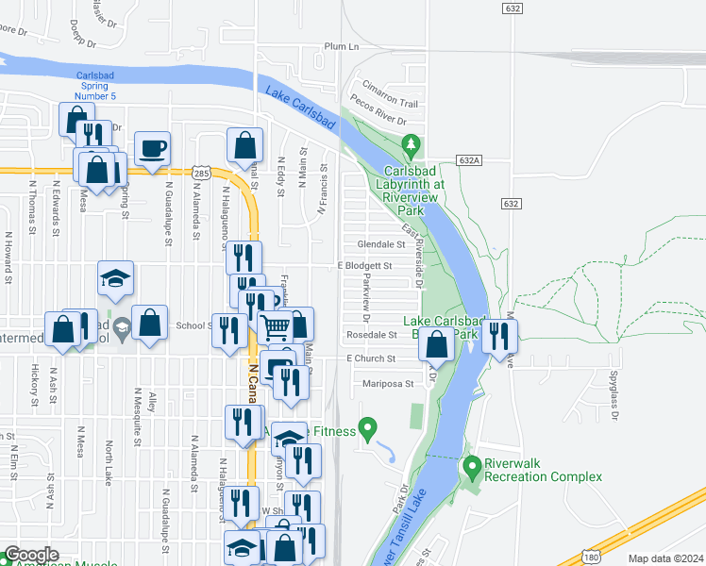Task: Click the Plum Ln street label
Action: tap(342, 46)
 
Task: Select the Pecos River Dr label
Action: tap(378, 122)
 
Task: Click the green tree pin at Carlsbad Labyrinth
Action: tap(411, 145)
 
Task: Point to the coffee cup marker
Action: tap(152, 148)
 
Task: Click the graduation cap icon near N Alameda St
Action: tap(116, 278)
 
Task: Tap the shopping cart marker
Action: tap(276, 327)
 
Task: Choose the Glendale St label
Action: tap(381, 243)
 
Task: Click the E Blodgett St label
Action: tap(364, 266)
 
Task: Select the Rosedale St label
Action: tap(372, 335)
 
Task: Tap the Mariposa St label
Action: tap(388, 384)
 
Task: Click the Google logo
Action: tap(32, 555)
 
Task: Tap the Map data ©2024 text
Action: tap(665, 558)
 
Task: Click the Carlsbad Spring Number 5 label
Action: tap(95, 86)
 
